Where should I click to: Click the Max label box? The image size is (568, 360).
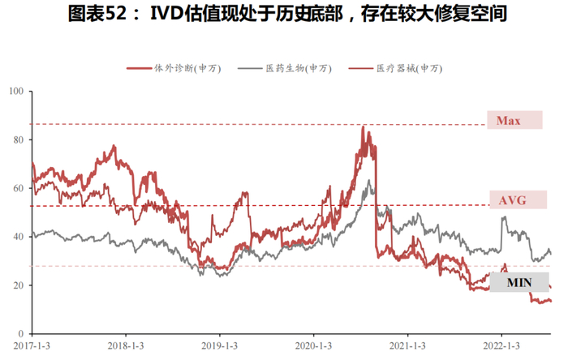click(514, 121)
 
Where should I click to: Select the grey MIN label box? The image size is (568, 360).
click(519, 282)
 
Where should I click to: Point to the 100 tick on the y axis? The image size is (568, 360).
click(15, 92)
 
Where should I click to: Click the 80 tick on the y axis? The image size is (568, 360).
click(18, 140)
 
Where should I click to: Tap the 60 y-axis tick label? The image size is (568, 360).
click(18, 189)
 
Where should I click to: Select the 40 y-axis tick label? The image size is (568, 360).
click(18, 237)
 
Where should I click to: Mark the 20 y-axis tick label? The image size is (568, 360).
click(18, 285)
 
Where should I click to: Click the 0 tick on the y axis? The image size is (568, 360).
click(20, 334)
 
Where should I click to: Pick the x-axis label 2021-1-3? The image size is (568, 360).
click(408, 347)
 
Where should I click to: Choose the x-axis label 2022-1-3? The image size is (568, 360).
click(501, 347)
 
